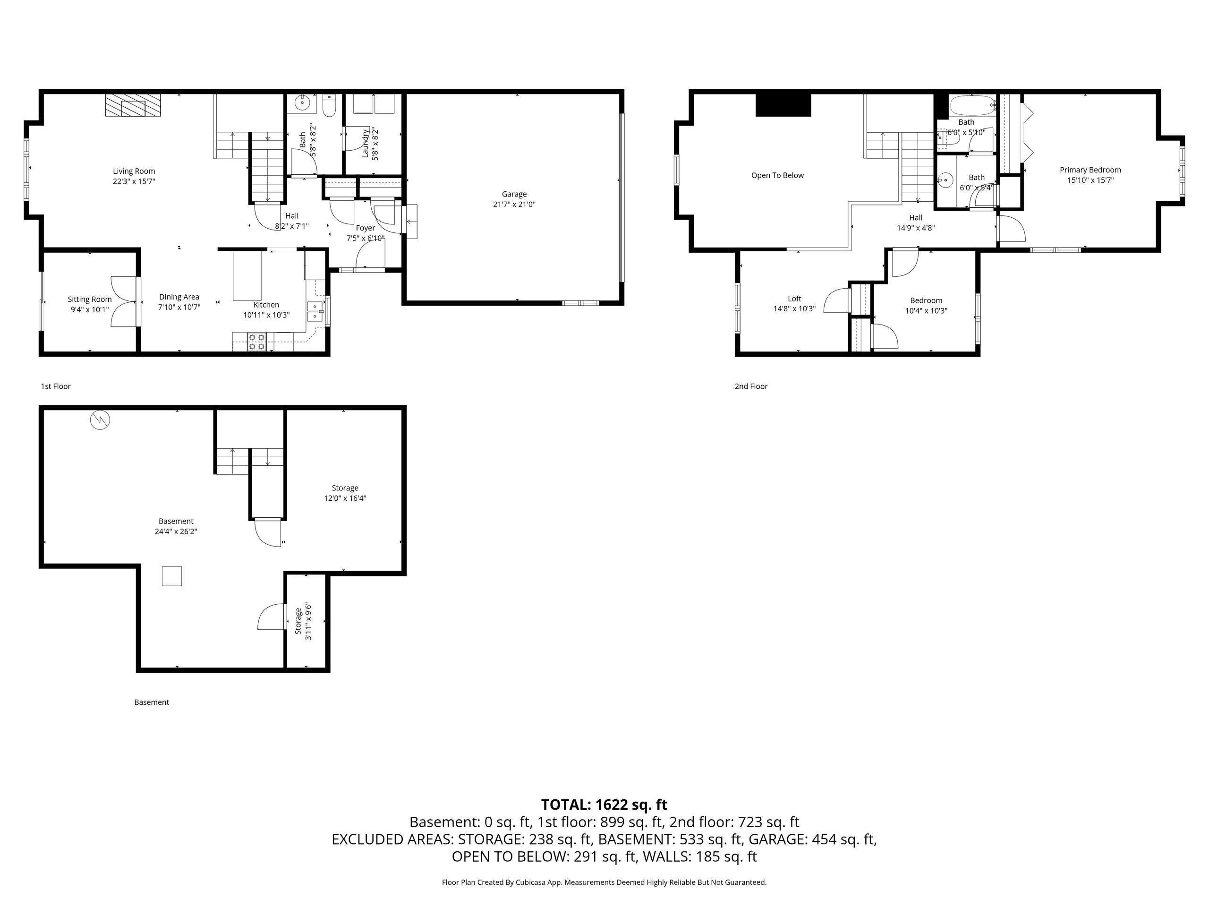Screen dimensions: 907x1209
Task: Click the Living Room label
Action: click(x=134, y=171)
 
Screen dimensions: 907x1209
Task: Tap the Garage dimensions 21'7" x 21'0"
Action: click(x=514, y=205)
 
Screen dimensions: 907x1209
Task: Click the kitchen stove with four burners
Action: click(x=257, y=342)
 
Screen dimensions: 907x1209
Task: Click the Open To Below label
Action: click(x=777, y=176)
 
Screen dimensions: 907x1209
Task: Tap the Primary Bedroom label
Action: click(x=1090, y=170)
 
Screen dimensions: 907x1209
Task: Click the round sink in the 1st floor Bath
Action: click(x=301, y=102)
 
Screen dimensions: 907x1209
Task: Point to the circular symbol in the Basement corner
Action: click(x=100, y=420)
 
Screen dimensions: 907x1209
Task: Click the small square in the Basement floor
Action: click(x=171, y=576)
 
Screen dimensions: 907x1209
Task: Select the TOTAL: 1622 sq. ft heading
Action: click(x=604, y=805)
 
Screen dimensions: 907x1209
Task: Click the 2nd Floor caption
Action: click(x=750, y=386)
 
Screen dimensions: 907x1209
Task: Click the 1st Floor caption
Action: click(x=56, y=386)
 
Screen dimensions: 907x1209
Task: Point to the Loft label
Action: click(x=794, y=299)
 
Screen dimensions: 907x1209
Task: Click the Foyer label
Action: click(x=365, y=228)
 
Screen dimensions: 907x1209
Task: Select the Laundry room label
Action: click(x=365, y=143)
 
